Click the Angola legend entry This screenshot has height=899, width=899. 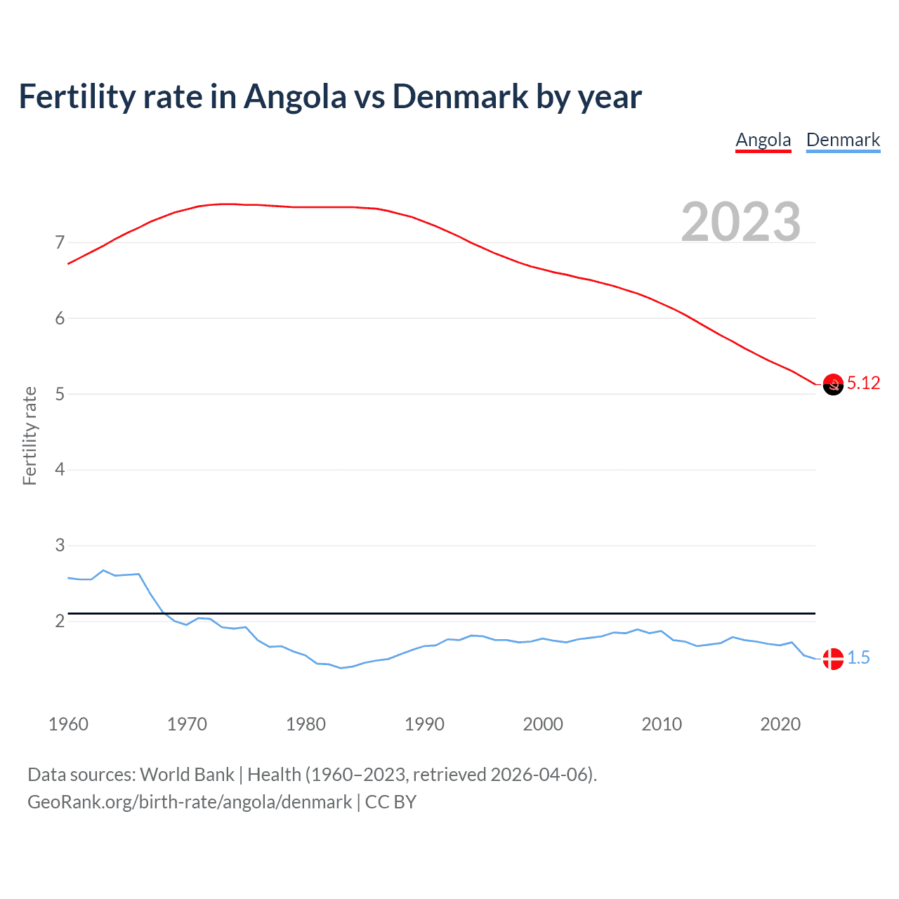point(763,140)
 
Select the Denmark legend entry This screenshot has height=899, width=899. point(843,140)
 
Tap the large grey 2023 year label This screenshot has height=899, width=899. point(741,222)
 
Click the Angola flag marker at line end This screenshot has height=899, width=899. point(832,384)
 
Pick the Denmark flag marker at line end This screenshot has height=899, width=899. point(832,659)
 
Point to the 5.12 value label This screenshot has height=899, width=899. point(863,383)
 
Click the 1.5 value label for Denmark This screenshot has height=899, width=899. point(858,658)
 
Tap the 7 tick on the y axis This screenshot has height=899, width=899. point(60,243)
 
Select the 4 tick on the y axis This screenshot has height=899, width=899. point(60,470)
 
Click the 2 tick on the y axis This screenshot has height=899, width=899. point(60,622)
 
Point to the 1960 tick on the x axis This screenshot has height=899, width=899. point(68,724)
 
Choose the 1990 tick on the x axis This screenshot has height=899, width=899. point(424,724)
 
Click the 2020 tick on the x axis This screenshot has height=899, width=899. point(780,724)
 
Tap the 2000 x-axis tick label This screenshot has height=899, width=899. point(543,724)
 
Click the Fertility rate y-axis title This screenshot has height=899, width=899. point(29,435)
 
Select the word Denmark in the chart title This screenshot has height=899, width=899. point(460,97)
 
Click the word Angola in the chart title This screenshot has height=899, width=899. point(295,97)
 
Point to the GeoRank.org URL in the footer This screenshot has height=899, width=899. point(190,802)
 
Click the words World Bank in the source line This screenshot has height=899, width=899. point(187,775)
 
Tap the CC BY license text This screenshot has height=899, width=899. point(391,802)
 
